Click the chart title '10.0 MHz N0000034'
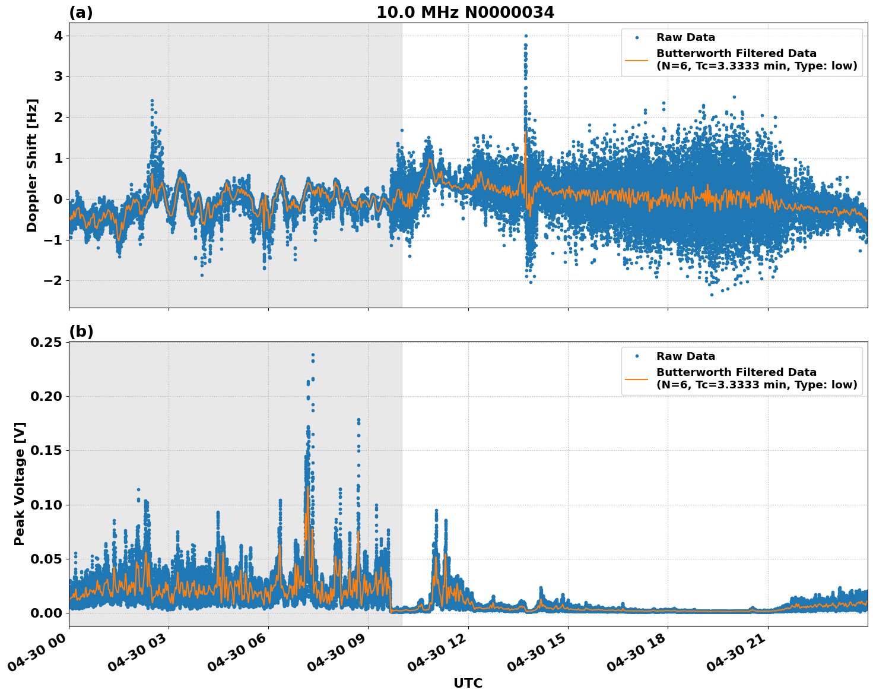pos(465,12)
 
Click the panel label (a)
pos(81,12)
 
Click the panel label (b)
pos(81,331)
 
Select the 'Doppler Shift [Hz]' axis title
pos(32,165)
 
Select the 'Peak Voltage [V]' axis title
pos(20,483)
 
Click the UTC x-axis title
pos(468,683)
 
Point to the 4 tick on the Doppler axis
pos(58,36)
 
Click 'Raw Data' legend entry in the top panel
pos(685,37)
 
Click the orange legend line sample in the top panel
pos(637,60)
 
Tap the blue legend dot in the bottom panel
pos(637,356)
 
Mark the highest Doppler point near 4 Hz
pos(526,36)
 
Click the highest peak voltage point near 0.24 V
pos(313,355)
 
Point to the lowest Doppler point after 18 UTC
pos(712,295)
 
